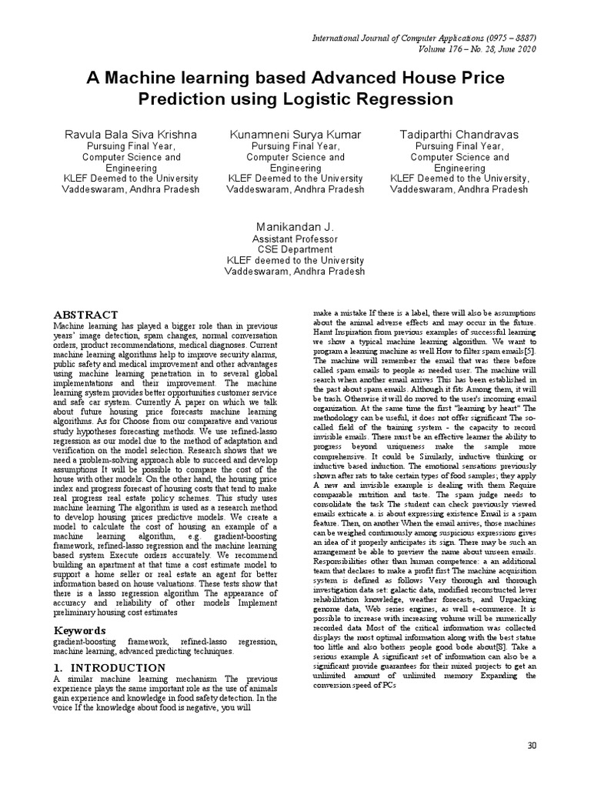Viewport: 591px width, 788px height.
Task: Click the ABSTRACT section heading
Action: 85,315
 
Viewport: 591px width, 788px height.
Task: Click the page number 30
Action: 531,746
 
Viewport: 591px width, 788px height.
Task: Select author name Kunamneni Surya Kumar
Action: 295,135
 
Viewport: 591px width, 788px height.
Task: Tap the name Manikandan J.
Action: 295,227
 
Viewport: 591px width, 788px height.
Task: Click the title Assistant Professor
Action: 295,239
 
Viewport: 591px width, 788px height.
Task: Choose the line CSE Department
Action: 295,249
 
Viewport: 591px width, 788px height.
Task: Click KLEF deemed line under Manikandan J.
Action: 295,260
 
